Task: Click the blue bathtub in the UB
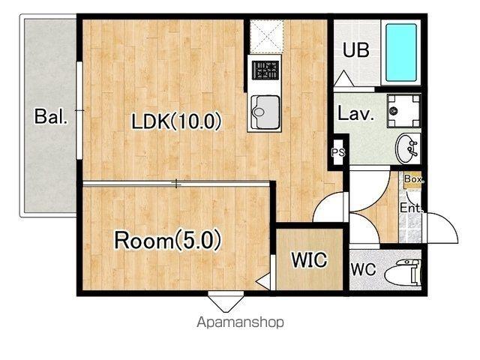(x=401, y=52)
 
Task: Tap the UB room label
(x=356, y=50)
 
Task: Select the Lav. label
(x=355, y=113)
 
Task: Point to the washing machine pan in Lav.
(x=403, y=110)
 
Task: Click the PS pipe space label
(x=338, y=152)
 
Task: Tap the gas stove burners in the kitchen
(x=265, y=70)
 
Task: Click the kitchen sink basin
(x=265, y=112)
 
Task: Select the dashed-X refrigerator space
(x=267, y=36)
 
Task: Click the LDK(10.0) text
(x=176, y=121)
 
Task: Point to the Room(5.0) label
(x=167, y=240)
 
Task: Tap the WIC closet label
(x=309, y=259)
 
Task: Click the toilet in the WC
(x=402, y=272)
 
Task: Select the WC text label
(x=363, y=270)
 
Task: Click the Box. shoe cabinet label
(x=414, y=178)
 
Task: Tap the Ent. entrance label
(x=412, y=208)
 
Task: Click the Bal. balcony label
(x=50, y=116)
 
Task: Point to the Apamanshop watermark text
(x=240, y=322)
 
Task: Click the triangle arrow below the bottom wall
(x=226, y=302)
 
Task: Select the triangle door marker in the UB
(x=343, y=79)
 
